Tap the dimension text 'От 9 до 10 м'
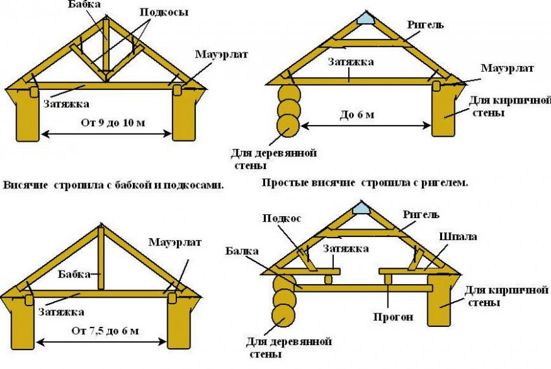tap(108, 124)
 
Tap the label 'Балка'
tap(244, 250)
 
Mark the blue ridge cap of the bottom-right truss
tap(360, 208)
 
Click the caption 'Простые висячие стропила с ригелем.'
tap(365, 183)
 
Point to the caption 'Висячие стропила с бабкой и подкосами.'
tap(113, 184)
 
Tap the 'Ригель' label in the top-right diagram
tap(425, 24)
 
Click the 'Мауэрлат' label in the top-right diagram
tap(506, 67)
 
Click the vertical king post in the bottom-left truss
tap(100, 258)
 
